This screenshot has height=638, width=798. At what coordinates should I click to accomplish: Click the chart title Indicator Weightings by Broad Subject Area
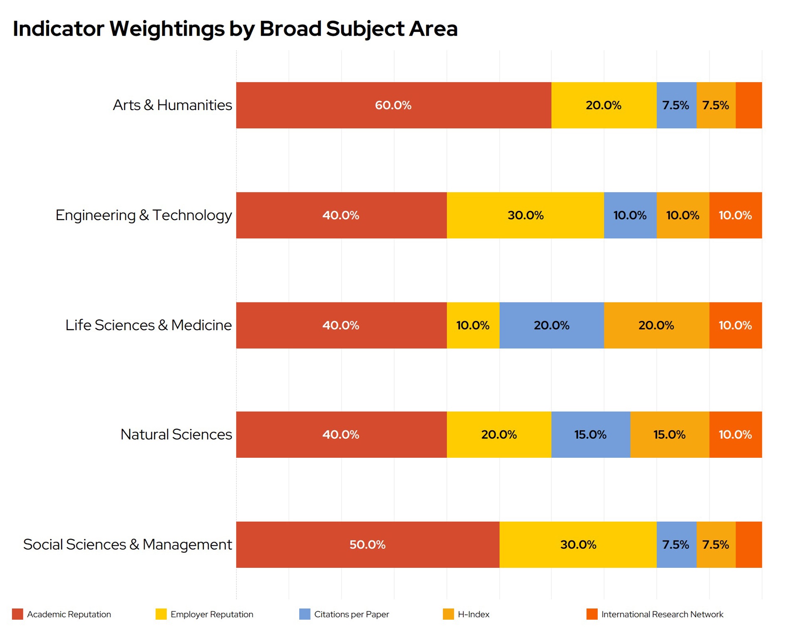[235, 29]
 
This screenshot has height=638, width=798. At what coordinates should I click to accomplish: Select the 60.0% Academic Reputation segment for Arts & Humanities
[394, 105]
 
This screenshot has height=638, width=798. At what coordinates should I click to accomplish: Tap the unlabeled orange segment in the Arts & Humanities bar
[749, 105]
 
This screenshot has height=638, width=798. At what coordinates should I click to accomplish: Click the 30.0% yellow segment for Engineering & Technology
[525, 215]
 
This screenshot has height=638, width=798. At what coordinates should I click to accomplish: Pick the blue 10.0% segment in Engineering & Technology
[630, 215]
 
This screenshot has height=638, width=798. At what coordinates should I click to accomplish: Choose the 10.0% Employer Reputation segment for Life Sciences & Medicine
[473, 325]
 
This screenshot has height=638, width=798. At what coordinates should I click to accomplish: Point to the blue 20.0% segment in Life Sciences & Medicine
[552, 325]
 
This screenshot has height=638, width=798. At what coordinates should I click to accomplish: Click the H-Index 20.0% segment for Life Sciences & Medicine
[657, 325]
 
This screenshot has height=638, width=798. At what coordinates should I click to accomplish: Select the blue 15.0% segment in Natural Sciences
[591, 434]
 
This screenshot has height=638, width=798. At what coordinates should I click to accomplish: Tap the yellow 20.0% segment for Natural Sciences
[499, 434]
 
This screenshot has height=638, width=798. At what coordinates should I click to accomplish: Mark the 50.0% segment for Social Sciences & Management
[368, 545]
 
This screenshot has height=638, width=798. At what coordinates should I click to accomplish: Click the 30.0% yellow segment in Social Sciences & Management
[578, 545]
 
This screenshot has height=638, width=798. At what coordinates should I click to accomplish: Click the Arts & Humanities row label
[172, 105]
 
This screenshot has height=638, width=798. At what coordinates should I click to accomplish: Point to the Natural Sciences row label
[176, 434]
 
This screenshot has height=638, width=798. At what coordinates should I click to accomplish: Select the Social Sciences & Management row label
[128, 545]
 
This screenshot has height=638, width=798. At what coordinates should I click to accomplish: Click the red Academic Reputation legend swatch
[17, 614]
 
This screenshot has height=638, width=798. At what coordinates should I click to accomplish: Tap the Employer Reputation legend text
[212, 614]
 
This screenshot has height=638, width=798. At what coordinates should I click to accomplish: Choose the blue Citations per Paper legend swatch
[305, 614]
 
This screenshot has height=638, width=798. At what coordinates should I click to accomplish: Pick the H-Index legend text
[473, 614]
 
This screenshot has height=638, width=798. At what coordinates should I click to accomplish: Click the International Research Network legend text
[662, 614]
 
